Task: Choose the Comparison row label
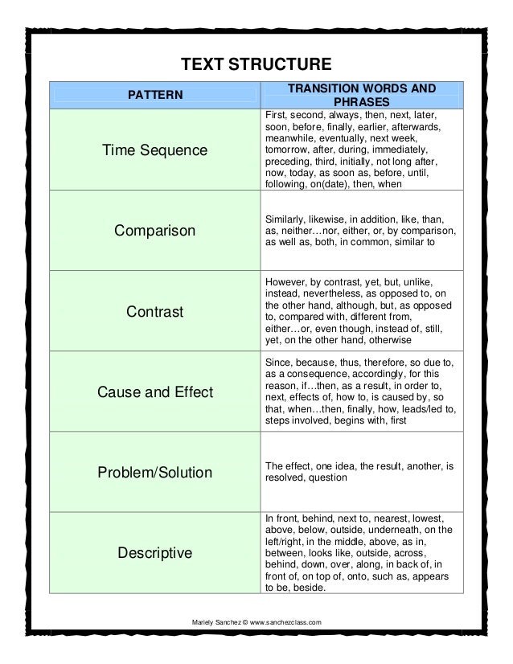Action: [155, 232]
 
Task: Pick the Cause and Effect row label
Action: [155, 391]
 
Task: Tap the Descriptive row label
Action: [155, 552]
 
